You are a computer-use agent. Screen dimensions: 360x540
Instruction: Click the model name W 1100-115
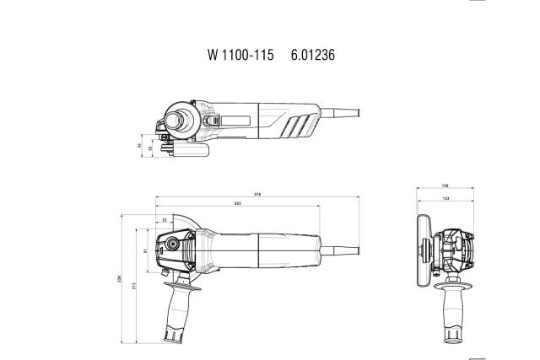[x=240, y=55]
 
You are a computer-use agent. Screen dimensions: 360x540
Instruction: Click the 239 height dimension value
[x=123, y=279]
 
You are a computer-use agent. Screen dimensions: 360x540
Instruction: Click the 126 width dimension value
[x=445, y=186]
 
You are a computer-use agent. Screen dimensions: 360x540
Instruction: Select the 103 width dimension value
[x=445, y=197]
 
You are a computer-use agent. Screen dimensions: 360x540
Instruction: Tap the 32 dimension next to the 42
[x=150, y=148]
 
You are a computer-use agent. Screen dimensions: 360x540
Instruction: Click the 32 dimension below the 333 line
[x=164, y=219]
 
